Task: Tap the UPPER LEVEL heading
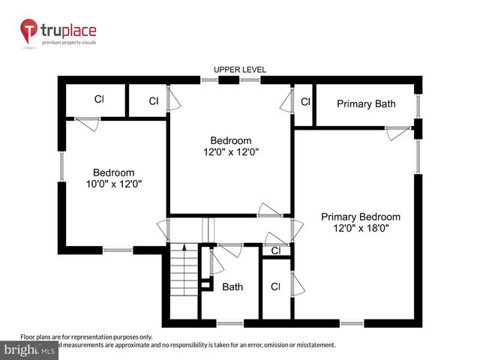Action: pyautogui.click(x=240, y=70)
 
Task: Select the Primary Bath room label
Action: pyautogui.click(x=365, y=103)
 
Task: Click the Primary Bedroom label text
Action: pyautogui.click(x=361, y=217)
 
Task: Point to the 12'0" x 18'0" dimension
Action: pyautogui.click(x=361, y=229)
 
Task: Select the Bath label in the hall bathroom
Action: pyautogui.click(x=232, y=286)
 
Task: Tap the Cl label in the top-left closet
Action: pyautogui.click(x=98, y=99)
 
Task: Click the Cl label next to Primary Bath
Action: pyautogui.click(x=305, y=102)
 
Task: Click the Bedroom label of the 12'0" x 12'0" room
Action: pyautogui.click(x=230, y=140)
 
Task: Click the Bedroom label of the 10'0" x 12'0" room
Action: pyautogui.click(x=113, y=172)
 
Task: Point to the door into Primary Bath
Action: pyautogui.click(x=397, y=130)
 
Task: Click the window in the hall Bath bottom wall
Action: pyautogui.click(x=231, y=323)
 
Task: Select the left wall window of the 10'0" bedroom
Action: pyautogui.click(x=61, y=166)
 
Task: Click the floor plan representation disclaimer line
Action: pyautogui.click(x=86, y=337)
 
